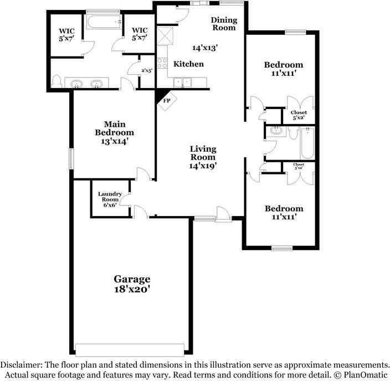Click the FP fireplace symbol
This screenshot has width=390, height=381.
point(166,102)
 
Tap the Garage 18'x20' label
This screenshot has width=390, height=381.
point(132,284)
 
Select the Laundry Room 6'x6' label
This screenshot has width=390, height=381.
point(110,199)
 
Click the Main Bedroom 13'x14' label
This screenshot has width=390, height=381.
point(114,133)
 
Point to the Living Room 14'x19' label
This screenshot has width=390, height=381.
point(203,157)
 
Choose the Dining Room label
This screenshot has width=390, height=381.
point(224,24)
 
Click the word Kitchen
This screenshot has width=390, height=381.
point(188,64)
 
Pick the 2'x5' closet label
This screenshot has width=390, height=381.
point(146,70)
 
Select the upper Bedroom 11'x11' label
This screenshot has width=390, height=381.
point(284,69)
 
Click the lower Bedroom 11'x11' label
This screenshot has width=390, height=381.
point(284,213)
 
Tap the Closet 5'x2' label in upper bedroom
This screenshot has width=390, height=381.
point(299,115)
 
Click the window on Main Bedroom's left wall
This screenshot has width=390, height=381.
point(71,158)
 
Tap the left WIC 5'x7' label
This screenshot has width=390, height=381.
point(66,34)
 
